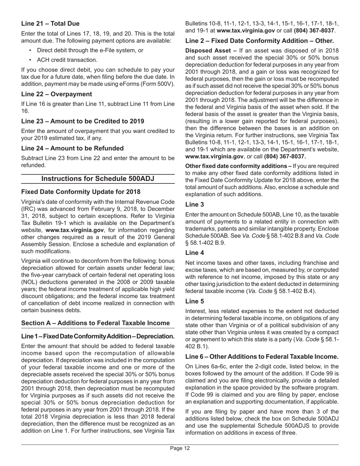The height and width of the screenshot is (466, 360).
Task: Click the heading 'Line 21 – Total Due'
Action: point(50,23)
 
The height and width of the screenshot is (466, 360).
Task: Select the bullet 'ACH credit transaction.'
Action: point(61,60)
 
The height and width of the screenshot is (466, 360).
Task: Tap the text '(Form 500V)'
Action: point(158,84)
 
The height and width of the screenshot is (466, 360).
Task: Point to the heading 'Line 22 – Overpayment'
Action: point(56,94)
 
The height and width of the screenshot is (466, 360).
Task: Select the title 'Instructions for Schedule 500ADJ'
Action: point(98,178)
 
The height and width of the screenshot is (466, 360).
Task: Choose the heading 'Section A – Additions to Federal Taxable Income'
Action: point(95,323)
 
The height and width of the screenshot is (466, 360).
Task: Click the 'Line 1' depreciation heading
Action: point(98,336)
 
